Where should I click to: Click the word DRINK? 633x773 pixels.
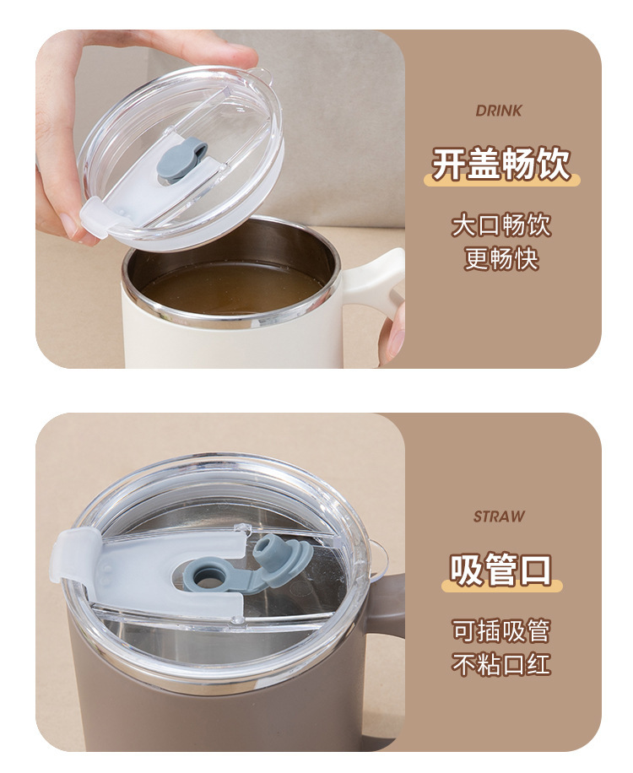(499, 111)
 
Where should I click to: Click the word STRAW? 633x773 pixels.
(499, 516)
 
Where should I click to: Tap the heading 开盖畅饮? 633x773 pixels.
(501, 164)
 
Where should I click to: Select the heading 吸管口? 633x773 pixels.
(500, 570)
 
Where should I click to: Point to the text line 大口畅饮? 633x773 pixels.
(500, 224)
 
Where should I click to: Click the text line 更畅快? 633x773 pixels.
(501, 258)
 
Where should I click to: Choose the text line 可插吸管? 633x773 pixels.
(500, 630)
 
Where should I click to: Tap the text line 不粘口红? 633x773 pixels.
(500, 663)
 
